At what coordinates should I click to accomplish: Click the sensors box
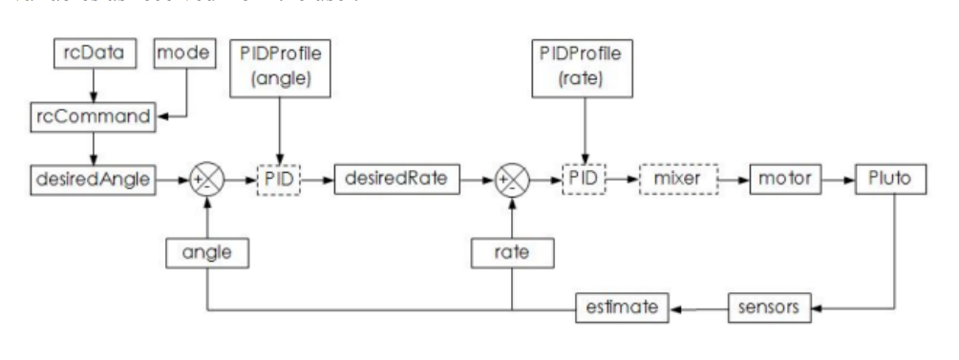click(x=769, y=307)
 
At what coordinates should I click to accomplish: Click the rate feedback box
click(x=512, y=252)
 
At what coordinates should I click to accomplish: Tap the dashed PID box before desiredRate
click(x=278, y=178)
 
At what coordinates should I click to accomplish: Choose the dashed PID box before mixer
click(x=585, y=178)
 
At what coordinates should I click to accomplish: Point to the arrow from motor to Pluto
click(x=835, y=178)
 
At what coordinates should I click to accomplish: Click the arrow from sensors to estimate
click(x=700, y=307)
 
